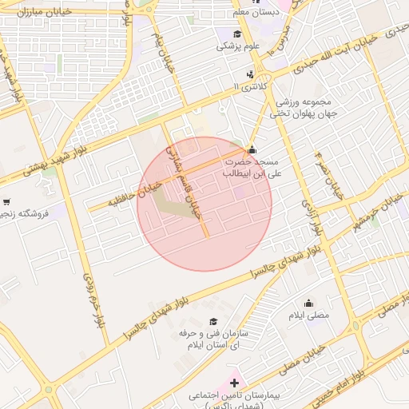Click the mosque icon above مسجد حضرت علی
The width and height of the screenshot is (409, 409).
pos(252,149)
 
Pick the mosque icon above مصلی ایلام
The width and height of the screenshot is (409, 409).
pos(308,303)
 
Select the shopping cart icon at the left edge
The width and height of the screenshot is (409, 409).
pos(6,202)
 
